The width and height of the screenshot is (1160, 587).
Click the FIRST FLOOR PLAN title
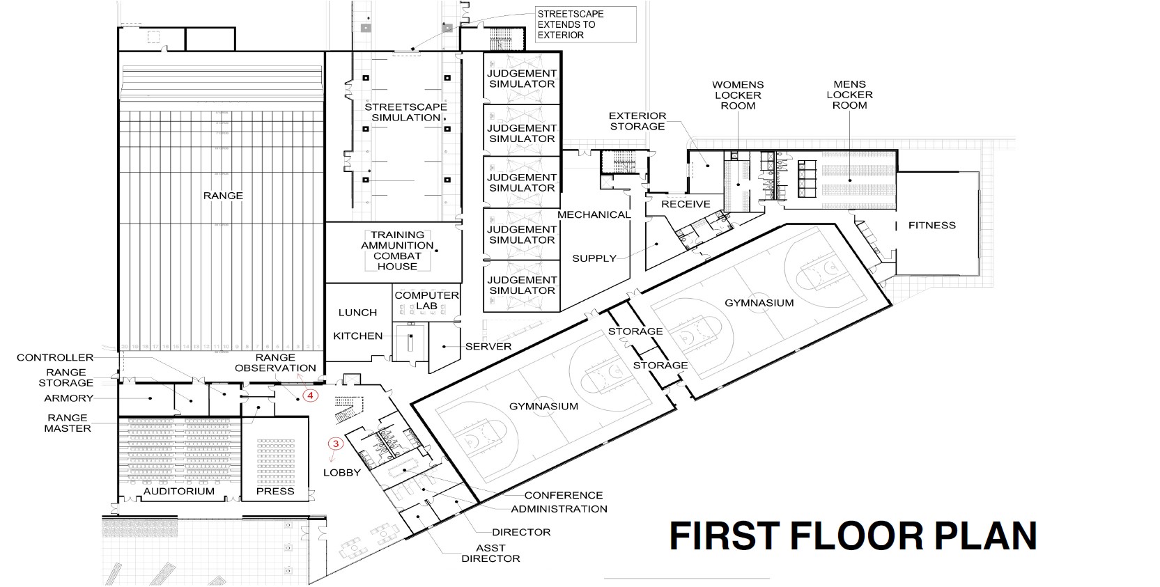(x=853, y=536)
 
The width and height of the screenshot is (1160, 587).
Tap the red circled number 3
(x=335, y=444)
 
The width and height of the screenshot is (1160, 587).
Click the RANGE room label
(x=223, y=196)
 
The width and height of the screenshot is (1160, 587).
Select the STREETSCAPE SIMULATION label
(x=405, y=112)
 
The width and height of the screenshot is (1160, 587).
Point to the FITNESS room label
(x=931, y=226)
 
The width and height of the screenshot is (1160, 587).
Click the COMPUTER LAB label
(x=426, y=300)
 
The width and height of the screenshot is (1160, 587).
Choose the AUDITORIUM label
(x=179, y=491)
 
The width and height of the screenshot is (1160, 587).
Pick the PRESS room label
(x=275, y=491)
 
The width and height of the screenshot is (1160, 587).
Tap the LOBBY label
(x=342, y=472)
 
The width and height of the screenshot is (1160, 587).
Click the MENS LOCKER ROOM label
(x=849, y=95)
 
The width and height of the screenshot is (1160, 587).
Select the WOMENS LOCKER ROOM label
(x=738, y=95)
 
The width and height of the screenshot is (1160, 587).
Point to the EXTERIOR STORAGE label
(x=637, y=121)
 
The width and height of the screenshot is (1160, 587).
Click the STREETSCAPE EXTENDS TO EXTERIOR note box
(x=585, y=24)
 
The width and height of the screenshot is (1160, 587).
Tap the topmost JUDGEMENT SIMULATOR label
(x=521, y=78)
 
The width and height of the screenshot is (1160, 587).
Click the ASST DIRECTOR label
(x=490, y=554)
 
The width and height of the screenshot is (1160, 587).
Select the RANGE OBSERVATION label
(x=275, y=363)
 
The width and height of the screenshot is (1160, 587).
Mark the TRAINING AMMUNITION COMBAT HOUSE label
(x=397, y=251)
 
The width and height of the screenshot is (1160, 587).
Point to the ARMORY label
(x=68, y=398)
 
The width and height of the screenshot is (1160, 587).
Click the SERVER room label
(x=488, y=346)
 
